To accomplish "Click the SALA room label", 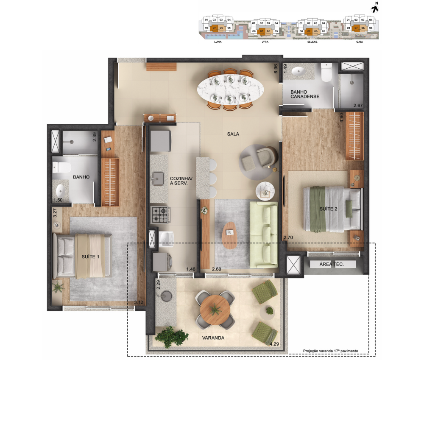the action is (x=233, y=134).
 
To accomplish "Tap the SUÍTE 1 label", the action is (x=90, y=257).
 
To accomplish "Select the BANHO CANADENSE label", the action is (x=305, y=94).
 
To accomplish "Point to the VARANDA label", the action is (x=213, y=338).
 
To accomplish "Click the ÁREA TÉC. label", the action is (x=332, y=264).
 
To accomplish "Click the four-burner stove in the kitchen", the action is (x=160, y=215).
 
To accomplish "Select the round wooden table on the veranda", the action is (x=215, y=310).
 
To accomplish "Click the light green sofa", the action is (x=264, y=235).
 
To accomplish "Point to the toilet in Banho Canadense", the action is (x=326, y=72).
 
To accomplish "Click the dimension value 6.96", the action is (x=276, y=69).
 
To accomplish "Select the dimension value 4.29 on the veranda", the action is (x=274, y=344).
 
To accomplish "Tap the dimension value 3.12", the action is (x=139, y=302).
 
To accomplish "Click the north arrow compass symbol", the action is (x=375, y=9).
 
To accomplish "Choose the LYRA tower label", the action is (x=265, y=42).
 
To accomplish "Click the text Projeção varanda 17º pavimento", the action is (x=330, y=351).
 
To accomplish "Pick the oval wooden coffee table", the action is (x=229, y=235).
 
